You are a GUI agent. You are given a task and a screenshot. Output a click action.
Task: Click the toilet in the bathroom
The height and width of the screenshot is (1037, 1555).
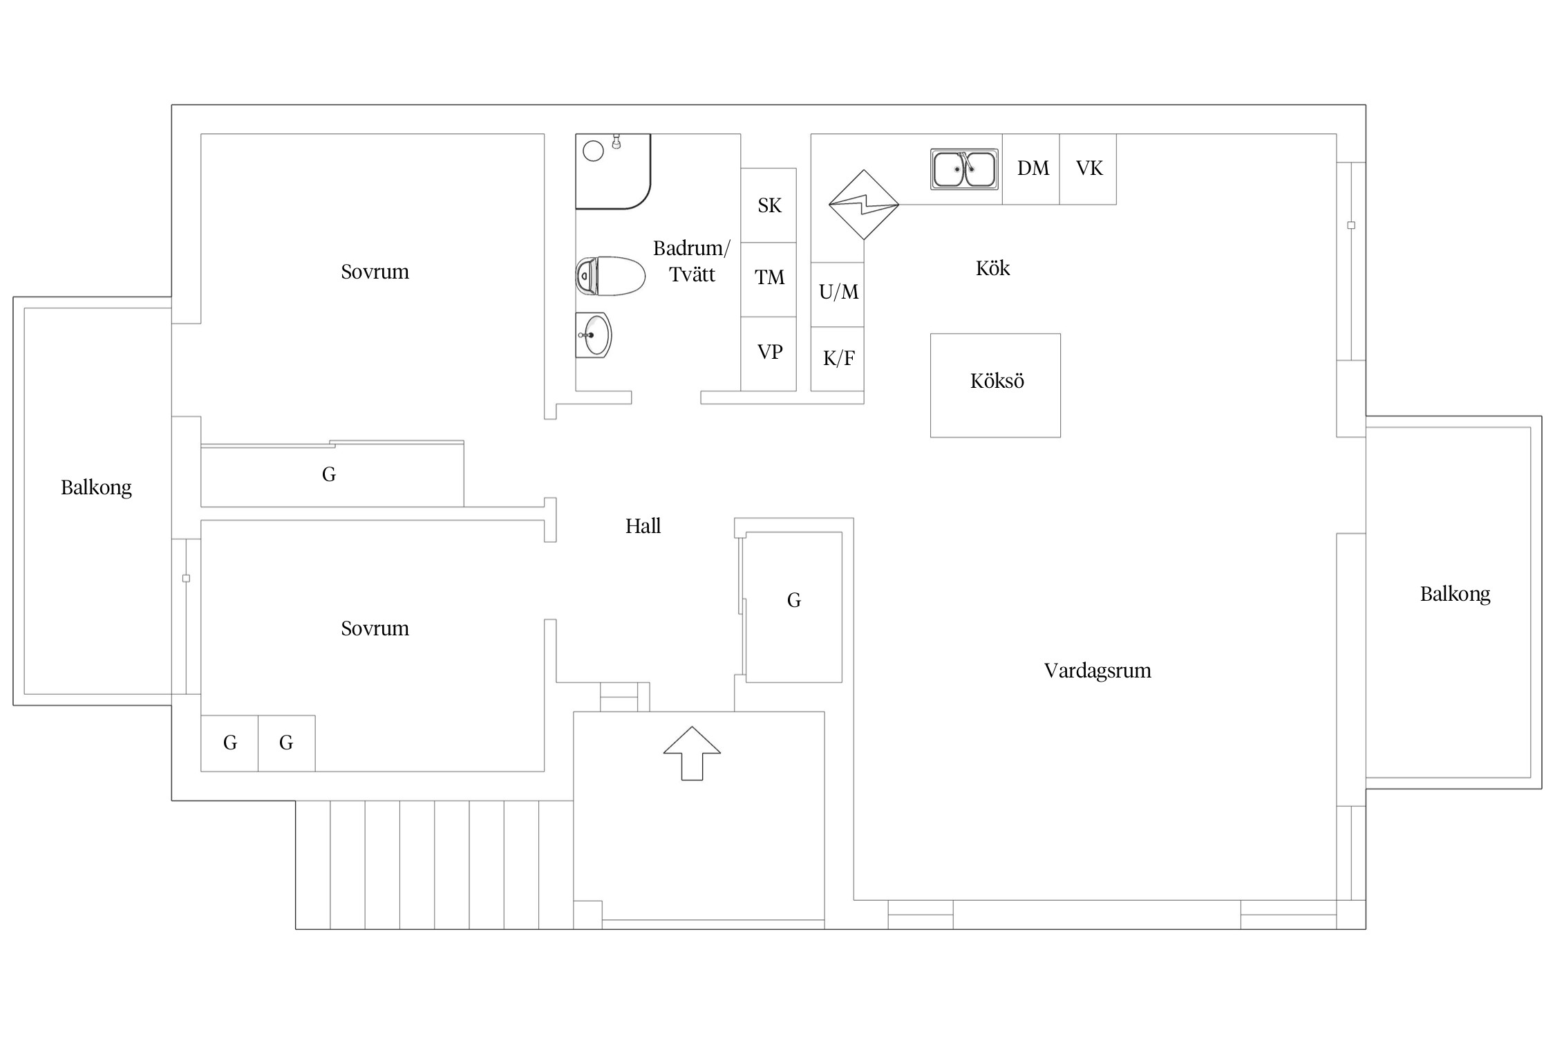point(610,276)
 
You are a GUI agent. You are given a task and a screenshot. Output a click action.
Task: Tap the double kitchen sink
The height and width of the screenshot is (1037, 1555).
point(964,169)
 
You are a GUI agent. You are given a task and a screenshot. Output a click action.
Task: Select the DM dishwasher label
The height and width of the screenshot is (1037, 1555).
point(1033,168)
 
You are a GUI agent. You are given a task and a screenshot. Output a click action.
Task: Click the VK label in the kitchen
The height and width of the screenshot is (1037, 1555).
point(1089,168)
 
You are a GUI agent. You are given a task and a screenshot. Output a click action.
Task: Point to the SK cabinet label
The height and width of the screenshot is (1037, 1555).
point(769,205)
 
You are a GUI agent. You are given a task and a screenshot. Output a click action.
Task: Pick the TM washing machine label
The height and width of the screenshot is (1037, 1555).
point(769,277)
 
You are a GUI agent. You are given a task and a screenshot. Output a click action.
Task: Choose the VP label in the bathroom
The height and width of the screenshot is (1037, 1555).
point(769,352)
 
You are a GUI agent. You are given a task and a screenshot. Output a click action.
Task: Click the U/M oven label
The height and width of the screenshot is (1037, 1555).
point(838,292)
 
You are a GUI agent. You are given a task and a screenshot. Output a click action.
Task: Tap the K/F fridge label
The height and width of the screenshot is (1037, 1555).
point(838,358)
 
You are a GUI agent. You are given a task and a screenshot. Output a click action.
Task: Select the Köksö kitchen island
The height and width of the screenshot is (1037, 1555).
point(995,385)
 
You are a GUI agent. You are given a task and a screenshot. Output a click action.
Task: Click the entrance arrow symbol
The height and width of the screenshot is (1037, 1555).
point(692,754)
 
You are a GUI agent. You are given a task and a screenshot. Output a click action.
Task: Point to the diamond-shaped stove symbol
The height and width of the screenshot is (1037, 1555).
point(864,205)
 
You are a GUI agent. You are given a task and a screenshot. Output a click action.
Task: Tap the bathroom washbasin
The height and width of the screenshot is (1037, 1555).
point(594,335)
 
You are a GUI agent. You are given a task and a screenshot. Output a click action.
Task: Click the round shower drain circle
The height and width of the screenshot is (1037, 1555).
point(593,151)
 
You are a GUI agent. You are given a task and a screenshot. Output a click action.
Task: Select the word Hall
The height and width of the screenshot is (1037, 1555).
point(643,526)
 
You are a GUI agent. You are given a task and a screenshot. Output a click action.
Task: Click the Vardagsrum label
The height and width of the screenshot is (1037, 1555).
point(1097,671)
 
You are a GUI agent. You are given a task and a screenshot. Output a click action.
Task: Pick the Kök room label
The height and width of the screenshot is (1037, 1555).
point(992,268)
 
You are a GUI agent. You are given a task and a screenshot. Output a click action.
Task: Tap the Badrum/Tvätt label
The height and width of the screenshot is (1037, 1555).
point(691,261)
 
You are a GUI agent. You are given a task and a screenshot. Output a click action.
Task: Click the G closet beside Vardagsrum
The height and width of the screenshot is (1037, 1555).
point(793,607)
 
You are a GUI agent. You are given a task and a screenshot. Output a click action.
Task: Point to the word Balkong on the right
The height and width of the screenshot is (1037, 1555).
point(1455,594)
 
